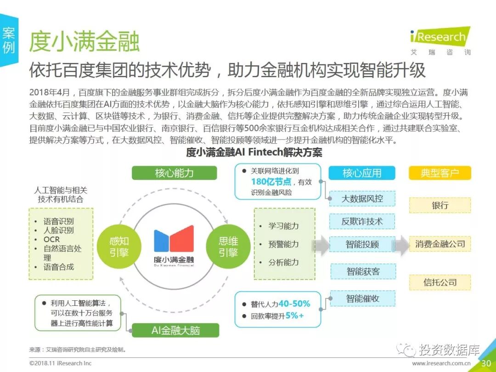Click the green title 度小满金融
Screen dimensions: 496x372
(84, 42)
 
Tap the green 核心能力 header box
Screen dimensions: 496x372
(174, 173)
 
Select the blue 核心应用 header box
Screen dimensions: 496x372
(362, 173)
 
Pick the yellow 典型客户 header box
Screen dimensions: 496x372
(440, 173)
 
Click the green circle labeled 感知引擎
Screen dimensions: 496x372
(119, 247)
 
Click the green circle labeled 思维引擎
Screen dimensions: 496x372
(228, 247)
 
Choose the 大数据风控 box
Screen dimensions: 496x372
(362, 199)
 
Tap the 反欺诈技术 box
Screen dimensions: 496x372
(362, 221)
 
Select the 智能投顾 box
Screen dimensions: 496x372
(362, 244)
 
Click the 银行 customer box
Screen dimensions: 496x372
(440, 205)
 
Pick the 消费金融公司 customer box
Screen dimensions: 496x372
(440, 244)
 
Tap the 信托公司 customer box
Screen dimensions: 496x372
(440, 282)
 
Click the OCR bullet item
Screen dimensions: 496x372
(51, 239)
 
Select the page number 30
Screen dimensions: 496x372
(486, 363)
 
